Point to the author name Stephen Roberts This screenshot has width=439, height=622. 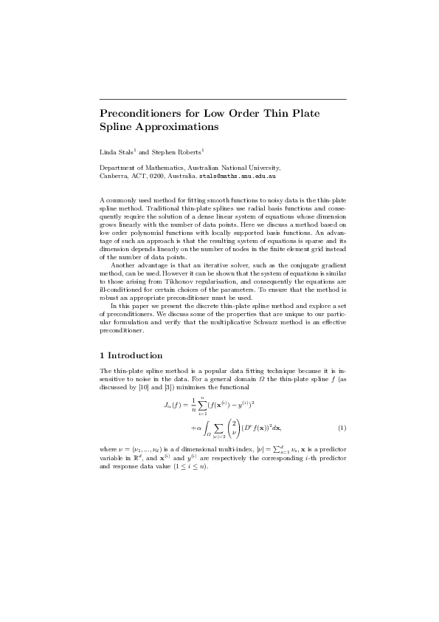click(x=167, y=151)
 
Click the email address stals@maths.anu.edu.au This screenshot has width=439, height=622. click(x=238, y=177)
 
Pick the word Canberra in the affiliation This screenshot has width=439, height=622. click(x=114, y=177)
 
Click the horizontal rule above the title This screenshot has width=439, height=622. click(x=222, y=98)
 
